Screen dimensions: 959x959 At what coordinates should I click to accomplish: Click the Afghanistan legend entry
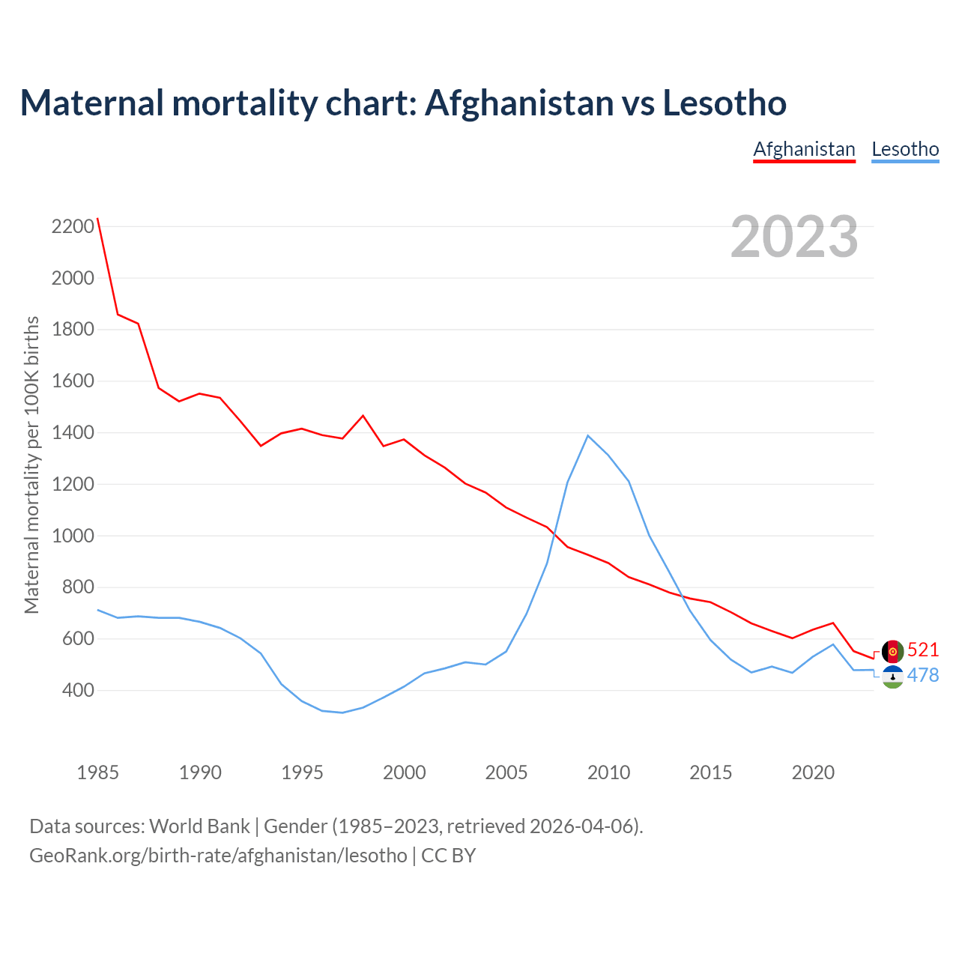804,149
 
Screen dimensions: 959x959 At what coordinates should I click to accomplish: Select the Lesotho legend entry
905,149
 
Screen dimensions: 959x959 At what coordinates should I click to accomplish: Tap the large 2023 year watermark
794,236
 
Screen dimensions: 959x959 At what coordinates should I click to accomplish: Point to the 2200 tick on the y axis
73,226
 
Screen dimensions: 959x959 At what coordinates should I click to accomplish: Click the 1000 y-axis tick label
73,536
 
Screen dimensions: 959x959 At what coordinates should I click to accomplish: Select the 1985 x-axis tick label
97,772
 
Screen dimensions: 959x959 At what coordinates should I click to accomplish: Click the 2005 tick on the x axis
506,772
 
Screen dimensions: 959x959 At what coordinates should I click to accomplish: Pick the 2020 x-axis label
813,772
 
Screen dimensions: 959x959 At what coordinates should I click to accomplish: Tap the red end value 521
923,650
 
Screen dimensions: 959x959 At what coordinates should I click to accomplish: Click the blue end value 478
923,675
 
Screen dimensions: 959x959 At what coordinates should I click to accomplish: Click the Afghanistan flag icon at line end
892,651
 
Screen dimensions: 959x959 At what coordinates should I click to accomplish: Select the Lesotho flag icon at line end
892,677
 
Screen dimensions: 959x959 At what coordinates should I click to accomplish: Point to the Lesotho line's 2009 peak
588,435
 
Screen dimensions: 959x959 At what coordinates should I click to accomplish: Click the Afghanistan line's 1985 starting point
98,219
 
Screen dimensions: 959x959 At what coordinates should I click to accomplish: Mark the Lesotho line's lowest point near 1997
342,713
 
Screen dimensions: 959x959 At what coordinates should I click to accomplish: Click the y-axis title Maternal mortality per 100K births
31,465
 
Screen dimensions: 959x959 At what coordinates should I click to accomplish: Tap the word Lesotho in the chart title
724,103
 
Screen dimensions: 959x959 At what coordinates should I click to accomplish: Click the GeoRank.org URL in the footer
218,855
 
